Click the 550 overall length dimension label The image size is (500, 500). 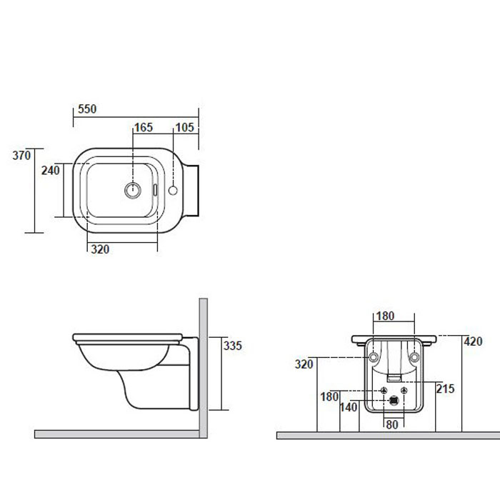87,109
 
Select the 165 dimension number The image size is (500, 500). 144,128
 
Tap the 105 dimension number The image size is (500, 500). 184,128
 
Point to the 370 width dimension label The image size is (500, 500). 21,155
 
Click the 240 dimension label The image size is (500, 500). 51,171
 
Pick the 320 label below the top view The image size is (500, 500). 100,249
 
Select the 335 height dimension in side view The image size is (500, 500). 233,346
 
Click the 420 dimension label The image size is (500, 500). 473,341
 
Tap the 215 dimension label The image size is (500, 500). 445,389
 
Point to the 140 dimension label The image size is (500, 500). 349,407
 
